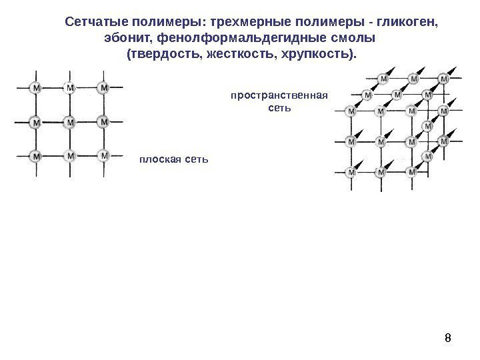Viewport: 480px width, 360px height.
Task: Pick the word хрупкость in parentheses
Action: pos(319,52)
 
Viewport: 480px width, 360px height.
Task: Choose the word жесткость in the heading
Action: pos(241,52)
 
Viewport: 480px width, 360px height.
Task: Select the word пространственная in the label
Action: pos(279,95)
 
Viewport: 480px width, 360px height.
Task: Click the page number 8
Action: pos(447,338)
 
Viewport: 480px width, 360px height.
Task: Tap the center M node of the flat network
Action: pos(70,122)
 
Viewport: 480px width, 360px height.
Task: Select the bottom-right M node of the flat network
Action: pos(103,155)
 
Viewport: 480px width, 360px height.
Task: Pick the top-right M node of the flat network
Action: pos(103,87)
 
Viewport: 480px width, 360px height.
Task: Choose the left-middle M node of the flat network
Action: pos(36,122)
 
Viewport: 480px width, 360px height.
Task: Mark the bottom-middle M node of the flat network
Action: pos(70,155)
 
